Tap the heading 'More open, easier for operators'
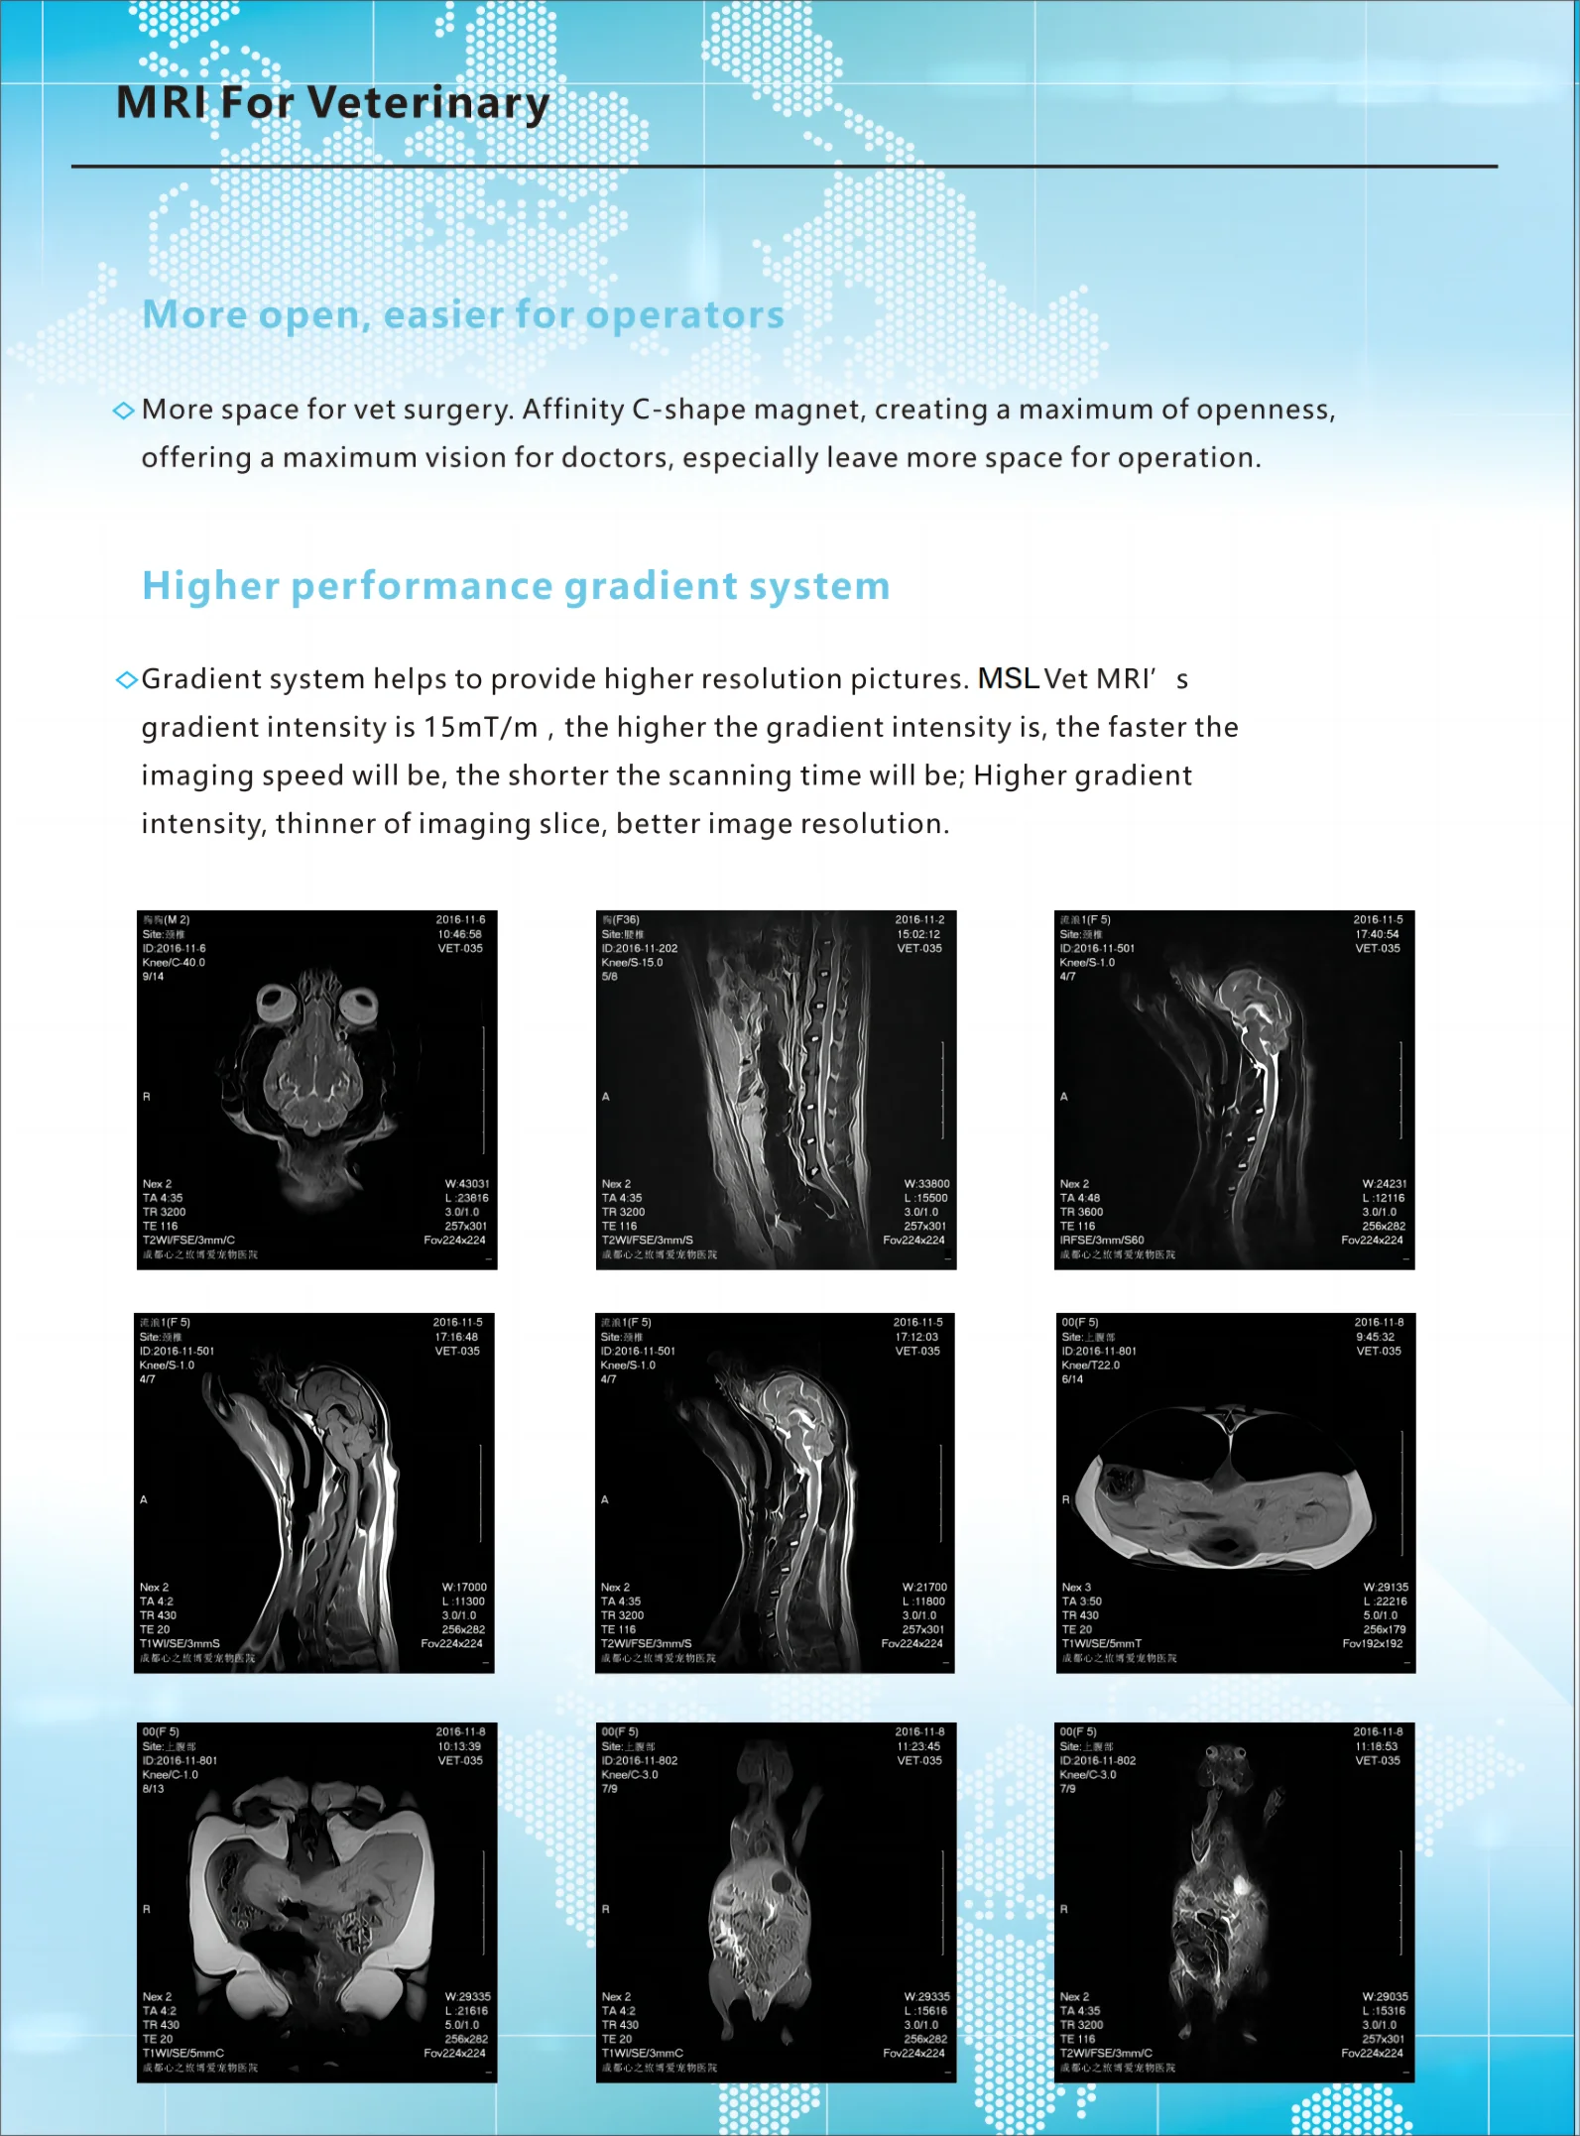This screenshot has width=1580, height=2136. [x=463, y=315]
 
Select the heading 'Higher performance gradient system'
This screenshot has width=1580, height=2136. [x=516, y=586]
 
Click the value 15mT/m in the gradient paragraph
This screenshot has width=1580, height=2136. [x=481, y=727]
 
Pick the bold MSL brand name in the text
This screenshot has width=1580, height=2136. [x=1008, y=678]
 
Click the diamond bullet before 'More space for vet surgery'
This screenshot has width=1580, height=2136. [x=123, y=411]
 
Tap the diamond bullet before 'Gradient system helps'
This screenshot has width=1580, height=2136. [x=125, y=679]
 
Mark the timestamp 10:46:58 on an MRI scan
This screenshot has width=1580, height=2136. [x=460, y=934]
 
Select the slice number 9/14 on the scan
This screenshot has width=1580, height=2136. [x=153, y=977]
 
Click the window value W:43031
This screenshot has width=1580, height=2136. [x=467, y=1184]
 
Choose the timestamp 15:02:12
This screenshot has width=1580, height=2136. [x=918, y=934]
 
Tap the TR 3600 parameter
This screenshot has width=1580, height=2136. [x=1081, y=1212]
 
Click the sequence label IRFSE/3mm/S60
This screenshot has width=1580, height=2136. [x=1101, y=1241]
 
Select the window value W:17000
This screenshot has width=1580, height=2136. [x=464, y=1588]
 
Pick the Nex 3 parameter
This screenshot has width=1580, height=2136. [x=1076, y=1588]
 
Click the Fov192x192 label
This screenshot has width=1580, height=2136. [x=1373, y=1644]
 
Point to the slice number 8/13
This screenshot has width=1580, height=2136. [x=153, y=1789]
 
